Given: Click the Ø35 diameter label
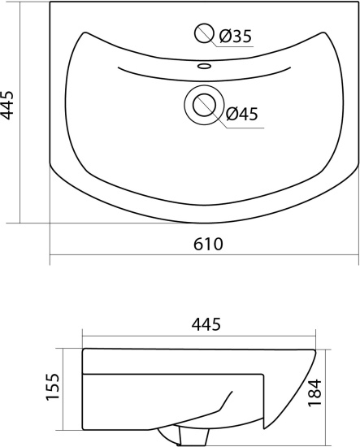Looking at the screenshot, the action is pyautogui.click(x=236, y=37).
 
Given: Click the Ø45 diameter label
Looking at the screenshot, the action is pyautogui.click(x=241, y=114).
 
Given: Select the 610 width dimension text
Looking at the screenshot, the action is pyautogui.click(x=208, y=244).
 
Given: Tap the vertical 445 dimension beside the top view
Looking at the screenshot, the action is pyautogui.click(x=7, y=105).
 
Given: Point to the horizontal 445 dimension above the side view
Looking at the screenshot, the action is pyautogui.click(x=206, y=324).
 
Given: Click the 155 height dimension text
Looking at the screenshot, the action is pyautogui.click(x=53, y=386).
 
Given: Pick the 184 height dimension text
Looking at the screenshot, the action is pyautogui.click(x=315, y=393).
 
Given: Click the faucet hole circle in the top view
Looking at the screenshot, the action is pyautogui.click(x=204, y=33).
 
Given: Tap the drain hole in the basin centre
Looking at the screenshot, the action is pyautogui.click(x=204, y=105).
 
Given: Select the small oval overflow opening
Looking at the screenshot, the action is pyautogui.click(x=204, y=67).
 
